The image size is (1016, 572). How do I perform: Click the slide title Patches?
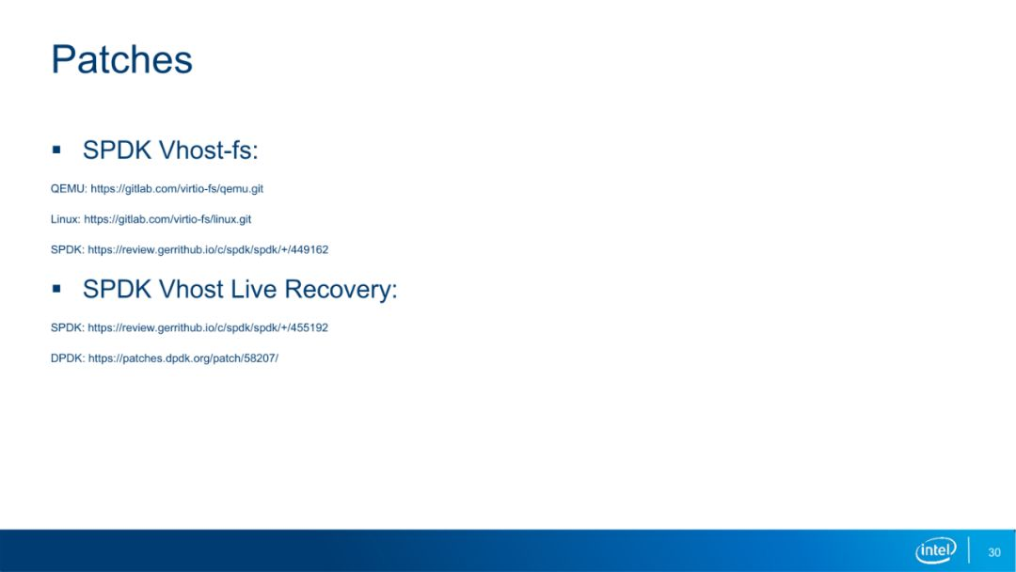pyautogui.click(x=121, y=59)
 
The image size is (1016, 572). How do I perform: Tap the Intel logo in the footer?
pyautogui.click(x=936, y=550)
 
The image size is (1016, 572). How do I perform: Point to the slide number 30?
pyautogui.click(x=994, y=552)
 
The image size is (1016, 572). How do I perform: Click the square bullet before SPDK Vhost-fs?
pyautogui.click(x=56, y=150)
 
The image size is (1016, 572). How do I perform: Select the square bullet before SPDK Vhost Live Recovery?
pyautogui.click(x=56, y=288)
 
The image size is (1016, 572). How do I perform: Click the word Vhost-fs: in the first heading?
pyautogui.click(x=209, y=151)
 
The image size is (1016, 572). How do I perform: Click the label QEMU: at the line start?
pyautogui.click(x=69, y=188)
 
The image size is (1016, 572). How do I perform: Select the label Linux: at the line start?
pyautogui.click(x=66, y=219)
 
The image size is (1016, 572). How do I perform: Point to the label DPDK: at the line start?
pyautogui.click(x=68, y=357)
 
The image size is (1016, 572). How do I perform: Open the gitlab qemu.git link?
pyautogui.click(x=177, y=188)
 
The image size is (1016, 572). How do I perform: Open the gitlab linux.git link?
pyautogui.click(x=167, y=219)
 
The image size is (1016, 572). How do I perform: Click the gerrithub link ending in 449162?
pyautogui.click(x=208, y=249)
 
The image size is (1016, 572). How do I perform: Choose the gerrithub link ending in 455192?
pyautogui.click(x=208, y=327)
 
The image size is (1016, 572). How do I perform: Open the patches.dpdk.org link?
pyautogui.click(x=183, y=357)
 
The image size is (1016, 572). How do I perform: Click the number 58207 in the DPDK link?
pyautogui.click(x=260, y=357)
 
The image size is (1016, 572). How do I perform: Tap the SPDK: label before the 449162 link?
pyautogui.click(x=68, y=249)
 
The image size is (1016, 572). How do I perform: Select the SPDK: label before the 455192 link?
pyautogui.click(x=68, y=327)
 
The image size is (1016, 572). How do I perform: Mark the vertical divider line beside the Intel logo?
pyautogui.click(x=969, y=550)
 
